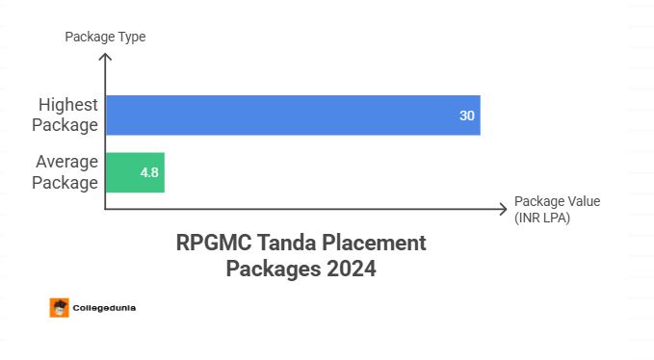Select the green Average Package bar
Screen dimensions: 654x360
pos(135,172)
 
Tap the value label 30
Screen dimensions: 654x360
pos(466,116)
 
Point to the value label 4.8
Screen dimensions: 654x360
pos(149,172)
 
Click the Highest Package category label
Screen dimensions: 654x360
pos(67,115)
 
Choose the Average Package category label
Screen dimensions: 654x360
pos(66,172)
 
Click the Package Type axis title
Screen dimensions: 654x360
pos(105,38)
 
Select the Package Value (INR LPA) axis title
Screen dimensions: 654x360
pos(557,209)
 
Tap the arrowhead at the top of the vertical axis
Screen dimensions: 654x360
pos(105,57)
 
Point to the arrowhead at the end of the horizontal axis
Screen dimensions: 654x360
pos(503,209)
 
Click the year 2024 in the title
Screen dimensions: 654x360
pos(348,269)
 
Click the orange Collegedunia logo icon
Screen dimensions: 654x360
pos(59,308)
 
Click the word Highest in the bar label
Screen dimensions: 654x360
pos(67,105)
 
